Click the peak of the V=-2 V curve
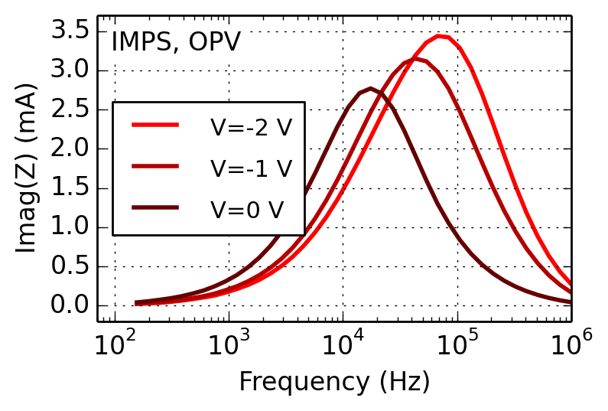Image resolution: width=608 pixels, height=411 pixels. (x=440, y=36)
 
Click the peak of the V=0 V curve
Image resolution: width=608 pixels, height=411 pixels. (x=371, y=89)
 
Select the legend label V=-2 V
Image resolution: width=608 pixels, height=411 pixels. (x=251, y=127)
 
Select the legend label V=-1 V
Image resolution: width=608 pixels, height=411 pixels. (x=251, y=168)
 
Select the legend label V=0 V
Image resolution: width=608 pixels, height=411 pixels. (x=247, y=208)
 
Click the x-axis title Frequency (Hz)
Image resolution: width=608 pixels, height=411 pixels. (x=334, y=381)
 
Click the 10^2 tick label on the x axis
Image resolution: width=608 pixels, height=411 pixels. (x=114, y=346)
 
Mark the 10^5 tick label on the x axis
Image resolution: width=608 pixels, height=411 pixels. (x=457, y=346)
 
